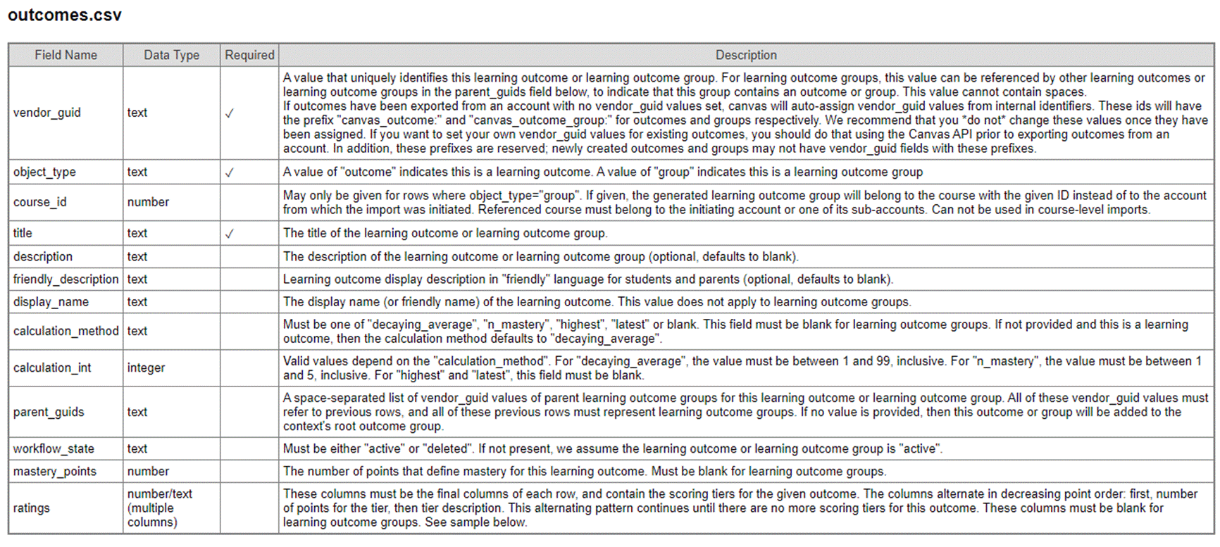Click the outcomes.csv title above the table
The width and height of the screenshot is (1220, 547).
pos(65,15)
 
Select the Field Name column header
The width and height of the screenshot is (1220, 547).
pos(66,55)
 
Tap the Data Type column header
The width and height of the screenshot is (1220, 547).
pos(171,55)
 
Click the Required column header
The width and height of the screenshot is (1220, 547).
pos(249,55)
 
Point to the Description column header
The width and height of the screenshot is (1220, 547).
pos(746,55)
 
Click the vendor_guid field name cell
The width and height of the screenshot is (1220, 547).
pos(47,113)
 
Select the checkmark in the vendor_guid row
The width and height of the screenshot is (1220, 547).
pos(229,113)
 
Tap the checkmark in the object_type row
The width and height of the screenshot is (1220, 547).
pos(229,172)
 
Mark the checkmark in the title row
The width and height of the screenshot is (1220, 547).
pos(229,234)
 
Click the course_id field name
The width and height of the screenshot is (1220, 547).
pos(39,202)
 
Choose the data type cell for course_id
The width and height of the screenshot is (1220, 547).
pos(148,202)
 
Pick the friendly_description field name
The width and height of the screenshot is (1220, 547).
pos(66,279)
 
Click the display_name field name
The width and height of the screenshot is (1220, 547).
pos(51,302)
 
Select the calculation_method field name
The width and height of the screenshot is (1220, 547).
pos(66,331)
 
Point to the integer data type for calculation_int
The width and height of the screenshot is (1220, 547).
pos(146,367)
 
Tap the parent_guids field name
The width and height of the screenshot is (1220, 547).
pos(49,412)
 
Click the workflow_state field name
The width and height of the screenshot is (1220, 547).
pos(54,448)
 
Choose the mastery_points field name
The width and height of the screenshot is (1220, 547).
pos(54,471)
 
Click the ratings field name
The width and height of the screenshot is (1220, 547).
pos(32,508)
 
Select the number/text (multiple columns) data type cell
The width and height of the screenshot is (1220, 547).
pos(159,508)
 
